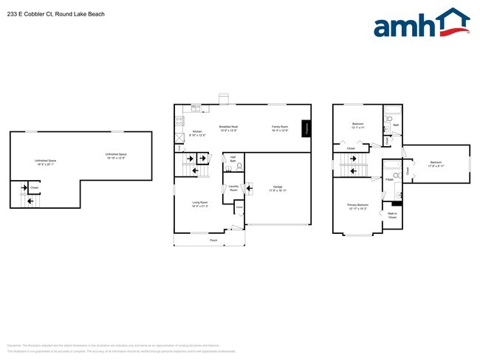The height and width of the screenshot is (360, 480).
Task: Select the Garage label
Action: click(x=278, y=188)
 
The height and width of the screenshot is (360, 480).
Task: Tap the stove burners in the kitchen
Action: click(x=178, y=120)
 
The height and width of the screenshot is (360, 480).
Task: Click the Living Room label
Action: click(x=198, y=204)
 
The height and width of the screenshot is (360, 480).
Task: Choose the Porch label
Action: click(x=213, y=240)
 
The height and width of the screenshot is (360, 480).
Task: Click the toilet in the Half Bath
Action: click(x=239, y=167)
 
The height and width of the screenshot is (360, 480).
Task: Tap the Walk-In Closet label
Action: click(x=392, y=216)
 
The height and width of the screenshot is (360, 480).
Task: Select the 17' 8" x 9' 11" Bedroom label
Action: click(x=436, y=164)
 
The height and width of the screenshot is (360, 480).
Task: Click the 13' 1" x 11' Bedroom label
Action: click(x=357, y=125)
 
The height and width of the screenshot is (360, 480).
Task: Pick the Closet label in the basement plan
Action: click(x=35, y=187)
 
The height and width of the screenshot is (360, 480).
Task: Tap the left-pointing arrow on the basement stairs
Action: click(x=30, y=200)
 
